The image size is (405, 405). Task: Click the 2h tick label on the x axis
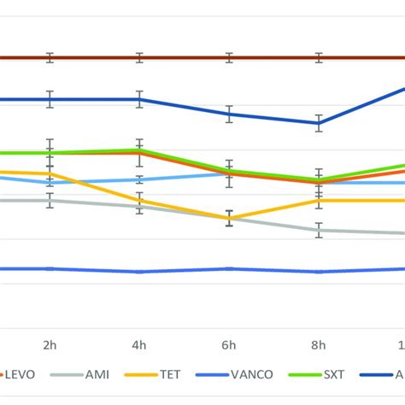[x=50, y=344]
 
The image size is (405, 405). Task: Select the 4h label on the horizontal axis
[x=139, y=344]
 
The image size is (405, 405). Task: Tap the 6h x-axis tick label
[x=229, y=344]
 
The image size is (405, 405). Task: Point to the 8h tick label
[x=319, y=344]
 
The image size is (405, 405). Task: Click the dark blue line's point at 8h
[x=319, y=123]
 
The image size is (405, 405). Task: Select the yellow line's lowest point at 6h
[x=229, y=219]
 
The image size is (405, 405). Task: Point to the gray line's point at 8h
[x=319, y=230]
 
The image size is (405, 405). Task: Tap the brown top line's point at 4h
[x=139, y=58]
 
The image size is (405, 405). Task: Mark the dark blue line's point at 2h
[x=50, y=99]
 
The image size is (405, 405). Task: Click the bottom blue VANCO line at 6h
[x=229, y=268]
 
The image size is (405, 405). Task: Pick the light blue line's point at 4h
[x=139, y=179]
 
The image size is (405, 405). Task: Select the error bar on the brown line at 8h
[x=319, y=58]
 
